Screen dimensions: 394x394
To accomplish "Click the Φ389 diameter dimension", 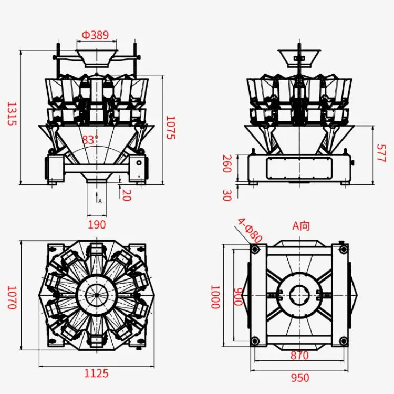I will pyautogui.click(x=95, y=35).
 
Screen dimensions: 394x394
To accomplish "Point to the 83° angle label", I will pyautogui.click(x=90, y=140).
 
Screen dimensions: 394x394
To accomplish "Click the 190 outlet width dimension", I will pyautogui.click(x=97, y=224).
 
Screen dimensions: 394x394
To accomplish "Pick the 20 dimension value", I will pyautogui.click(x=126, y=194).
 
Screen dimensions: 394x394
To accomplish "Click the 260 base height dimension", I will pyautogui.click(x=226, y=163).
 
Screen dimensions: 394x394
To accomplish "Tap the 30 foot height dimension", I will pyautogui.click(x=226, y=195).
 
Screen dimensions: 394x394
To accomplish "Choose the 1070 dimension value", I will pyautogui.click(x=12, y=297).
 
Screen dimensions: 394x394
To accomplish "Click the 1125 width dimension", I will pyautogui.click(x=97, y=374).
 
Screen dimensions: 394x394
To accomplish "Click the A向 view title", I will pyautogui.click(x=301, y=226).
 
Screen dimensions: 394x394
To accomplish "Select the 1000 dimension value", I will pyautogui.click(x=215, y=297).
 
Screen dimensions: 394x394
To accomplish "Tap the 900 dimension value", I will pyautogui.click(x=238, y=297).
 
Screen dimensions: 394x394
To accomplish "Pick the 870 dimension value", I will pyautogui.click(x=299, y=356).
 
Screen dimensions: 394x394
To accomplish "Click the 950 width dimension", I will pyautogui.click(x=299, y=378).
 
